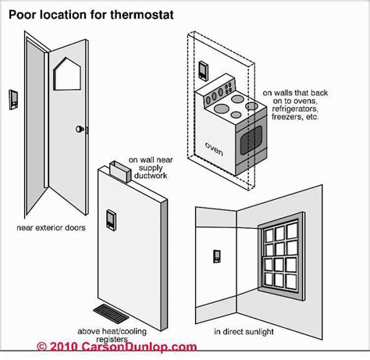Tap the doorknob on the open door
pos(80,130)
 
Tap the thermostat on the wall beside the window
pos(216,256)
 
